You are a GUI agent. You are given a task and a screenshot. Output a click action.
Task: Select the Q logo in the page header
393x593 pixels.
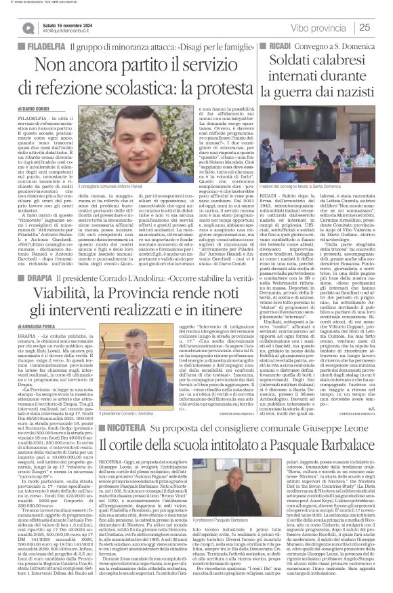tap(28, 27)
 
